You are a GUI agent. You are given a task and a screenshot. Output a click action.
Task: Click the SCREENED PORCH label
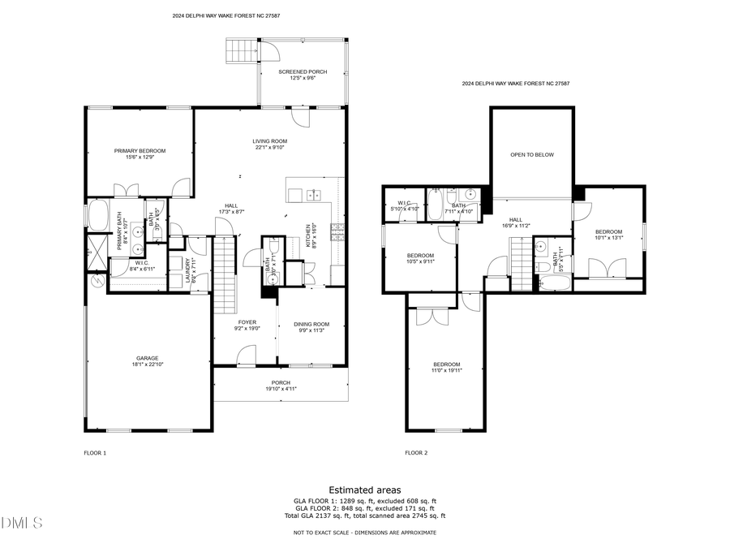click(303, 72)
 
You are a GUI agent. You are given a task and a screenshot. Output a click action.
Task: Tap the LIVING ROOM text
click(271, 141)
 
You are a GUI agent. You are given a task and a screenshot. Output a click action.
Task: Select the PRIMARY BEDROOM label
click(140, 151)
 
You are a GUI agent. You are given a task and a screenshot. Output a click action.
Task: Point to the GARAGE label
click(147, 358)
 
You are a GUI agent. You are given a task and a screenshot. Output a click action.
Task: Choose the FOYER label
click(247, 323)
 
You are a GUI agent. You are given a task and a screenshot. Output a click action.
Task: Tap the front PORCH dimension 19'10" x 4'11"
click(281, 389)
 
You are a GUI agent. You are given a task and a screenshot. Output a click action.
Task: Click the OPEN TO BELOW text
click(532, 154)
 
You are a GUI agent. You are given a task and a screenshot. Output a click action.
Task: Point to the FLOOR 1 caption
click(95, 453)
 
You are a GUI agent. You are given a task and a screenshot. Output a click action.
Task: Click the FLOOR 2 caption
click(416, 453)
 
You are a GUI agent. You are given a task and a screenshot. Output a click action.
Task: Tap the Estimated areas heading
click(364, 490)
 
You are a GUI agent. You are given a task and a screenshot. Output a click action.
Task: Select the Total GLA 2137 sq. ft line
click(364, 516)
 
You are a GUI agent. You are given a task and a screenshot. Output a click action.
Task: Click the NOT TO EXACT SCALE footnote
click(364, 533)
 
